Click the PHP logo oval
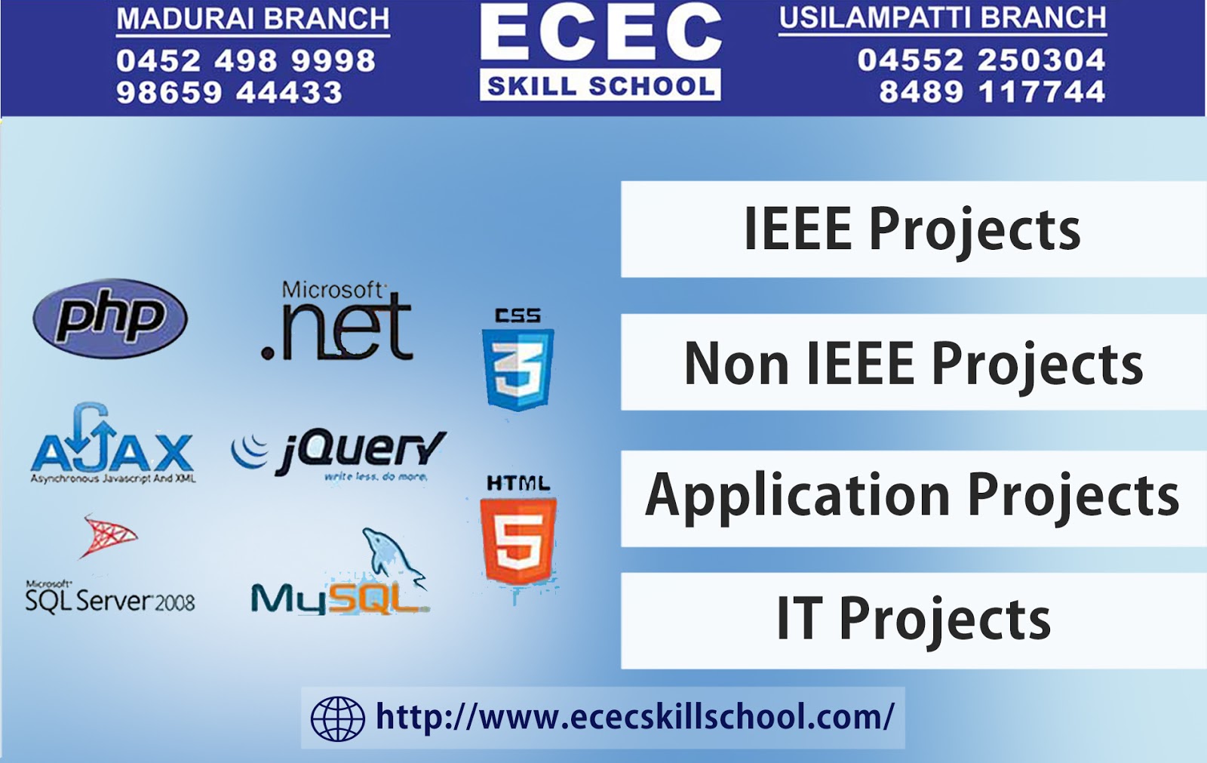point(110,318)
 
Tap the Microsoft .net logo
point(337,322)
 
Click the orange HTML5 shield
point(518,539)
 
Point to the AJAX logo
point(112,446)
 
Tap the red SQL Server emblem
point(109,536)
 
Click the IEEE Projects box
point(913,229)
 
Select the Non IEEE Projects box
point(913,363)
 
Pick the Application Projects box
point(913,498)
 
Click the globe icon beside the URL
point(337,718)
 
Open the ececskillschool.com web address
point(634,717)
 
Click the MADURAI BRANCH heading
point(253,19)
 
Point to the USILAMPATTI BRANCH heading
point(942,18)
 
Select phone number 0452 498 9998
point(246,60)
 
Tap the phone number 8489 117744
point(992,92)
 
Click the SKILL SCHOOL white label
point(600,86)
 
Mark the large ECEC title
point(600,34)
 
